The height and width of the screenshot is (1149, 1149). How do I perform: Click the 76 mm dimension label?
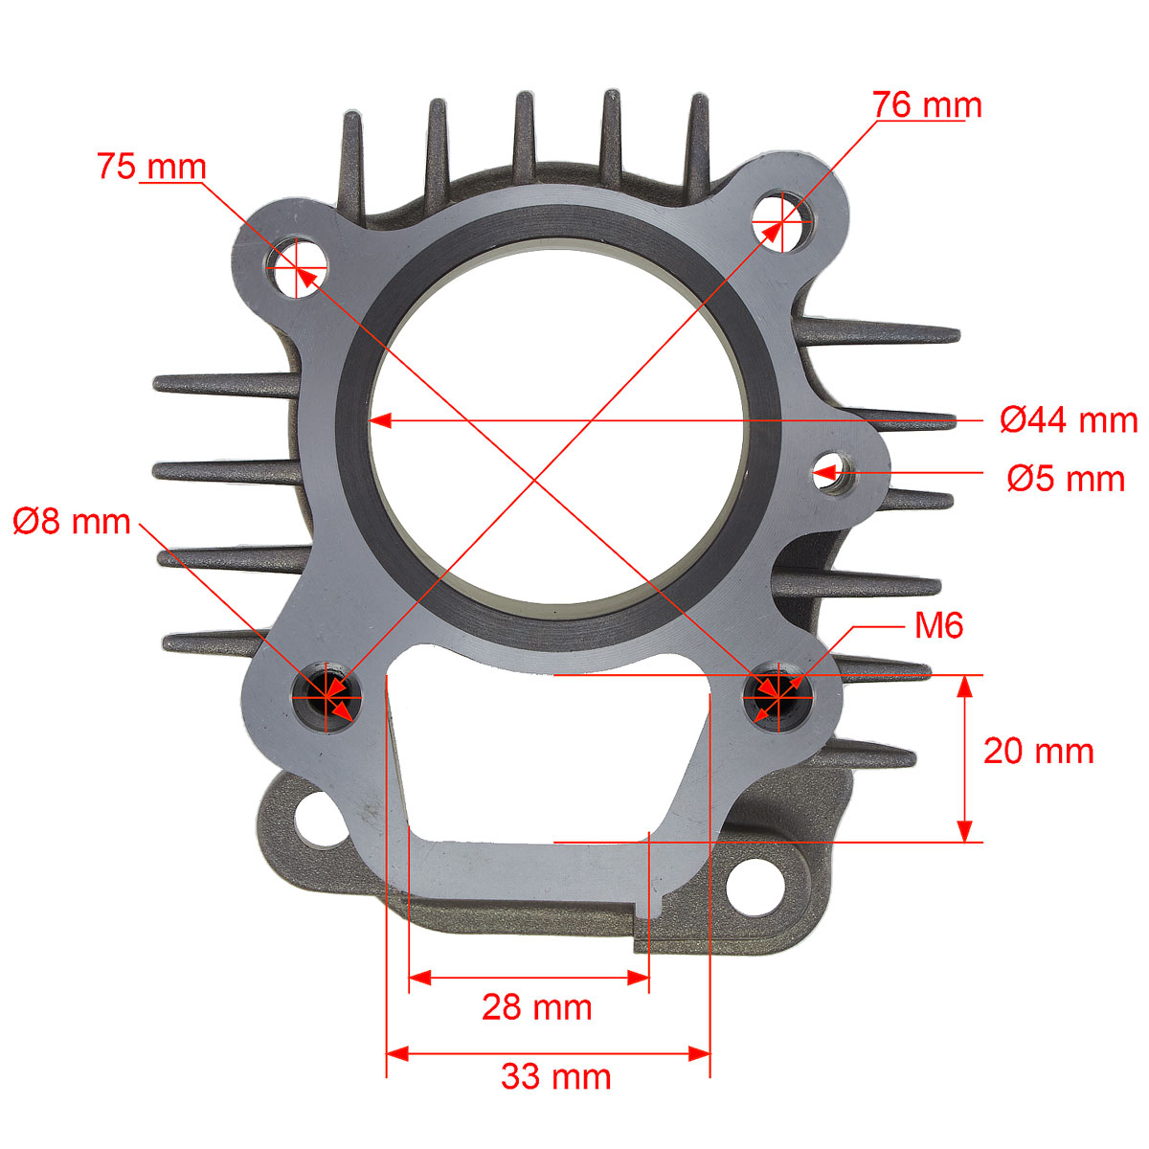pyautogui.click(x=927, y=105)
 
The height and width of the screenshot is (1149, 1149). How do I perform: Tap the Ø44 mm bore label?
pyautogui.click(x=1069, y=420)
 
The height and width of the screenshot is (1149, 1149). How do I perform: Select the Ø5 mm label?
pyautogui.click(x=1066, y=479)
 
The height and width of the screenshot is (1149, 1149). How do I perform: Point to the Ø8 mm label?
pyautogui.click(x=72, y=522)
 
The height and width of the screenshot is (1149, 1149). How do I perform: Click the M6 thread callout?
pyautogui.click(x=939, y=625)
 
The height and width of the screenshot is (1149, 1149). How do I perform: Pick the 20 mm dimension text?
pyautogui.click(x=1038, y=751)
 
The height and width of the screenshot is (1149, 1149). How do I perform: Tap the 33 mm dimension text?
pyautogui.click(x=555, y=1077)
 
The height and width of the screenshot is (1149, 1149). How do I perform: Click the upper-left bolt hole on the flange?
pyautogui.click(x=296, y=268)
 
